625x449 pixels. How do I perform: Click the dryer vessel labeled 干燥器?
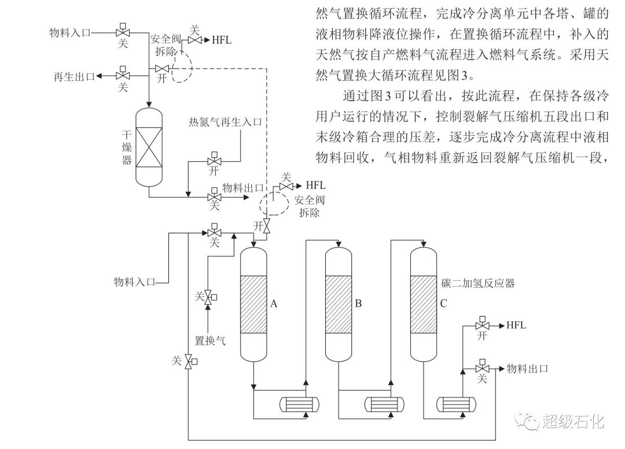[x=149, y=146]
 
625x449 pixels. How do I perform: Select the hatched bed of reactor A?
[x=254, y=304]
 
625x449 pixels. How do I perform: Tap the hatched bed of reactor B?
[x=339, y=304]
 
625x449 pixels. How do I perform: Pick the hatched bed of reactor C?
[x=424, y=304]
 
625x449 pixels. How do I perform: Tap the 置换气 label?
[x=210, y=341]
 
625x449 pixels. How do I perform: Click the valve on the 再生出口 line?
[x=123, y=75]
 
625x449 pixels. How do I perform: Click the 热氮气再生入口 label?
[x=226, y=122]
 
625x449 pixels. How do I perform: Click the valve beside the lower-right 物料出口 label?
[x=481, y=368]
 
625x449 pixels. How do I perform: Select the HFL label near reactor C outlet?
[x=516, y=325]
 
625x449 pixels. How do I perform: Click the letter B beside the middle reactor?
[x=358, y=303]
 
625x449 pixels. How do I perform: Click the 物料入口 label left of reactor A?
[x=135, y=283]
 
